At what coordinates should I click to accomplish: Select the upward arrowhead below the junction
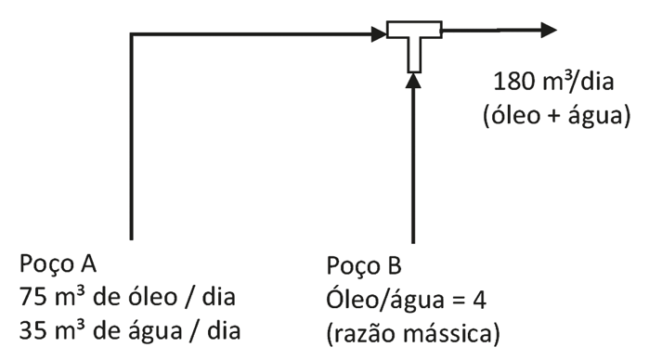tap(414, 81)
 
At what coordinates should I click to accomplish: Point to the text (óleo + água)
tap(550, 117)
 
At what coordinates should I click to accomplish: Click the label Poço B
tap(364, 267)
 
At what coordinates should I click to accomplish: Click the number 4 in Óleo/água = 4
tap(480, 298)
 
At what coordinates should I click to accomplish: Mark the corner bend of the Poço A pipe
tap(134, 35)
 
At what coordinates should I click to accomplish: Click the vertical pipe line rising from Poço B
tap(414, 167)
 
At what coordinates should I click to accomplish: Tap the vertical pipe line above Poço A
tap(134, 139)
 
